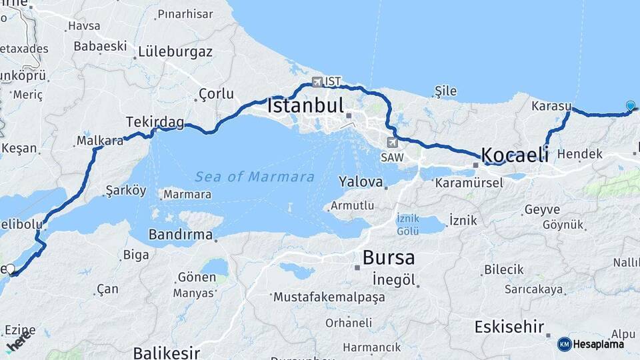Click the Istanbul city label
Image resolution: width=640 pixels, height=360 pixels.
click(305, 105)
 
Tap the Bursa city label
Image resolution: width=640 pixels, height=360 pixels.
click(389, 257)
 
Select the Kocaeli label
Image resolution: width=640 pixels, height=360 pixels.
click(515, 155)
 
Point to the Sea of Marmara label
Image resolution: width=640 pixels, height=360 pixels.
click(255, 177)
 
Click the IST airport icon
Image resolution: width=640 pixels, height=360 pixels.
click(317, 82)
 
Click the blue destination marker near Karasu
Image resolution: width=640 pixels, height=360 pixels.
click(630, 105)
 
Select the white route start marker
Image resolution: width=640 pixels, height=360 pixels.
click(10, 269)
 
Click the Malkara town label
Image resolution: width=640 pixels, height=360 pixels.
click(100, 141)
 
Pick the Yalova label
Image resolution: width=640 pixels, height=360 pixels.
click(361, 181)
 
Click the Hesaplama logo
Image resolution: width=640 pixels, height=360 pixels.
click(591, 344)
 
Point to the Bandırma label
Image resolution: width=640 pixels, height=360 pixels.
click(180, 235)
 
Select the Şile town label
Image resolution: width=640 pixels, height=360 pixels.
click(445, 90)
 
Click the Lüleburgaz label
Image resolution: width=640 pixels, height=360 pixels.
click(175, 51)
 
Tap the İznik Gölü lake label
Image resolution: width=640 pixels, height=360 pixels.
click(408, 224)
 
